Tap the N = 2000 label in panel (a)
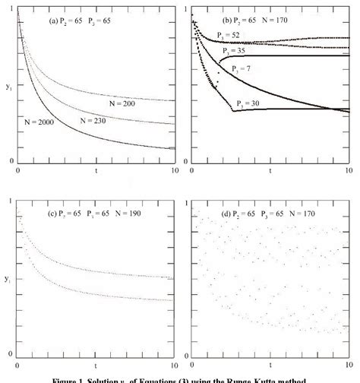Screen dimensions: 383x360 36,120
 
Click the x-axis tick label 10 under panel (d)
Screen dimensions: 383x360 350,363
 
